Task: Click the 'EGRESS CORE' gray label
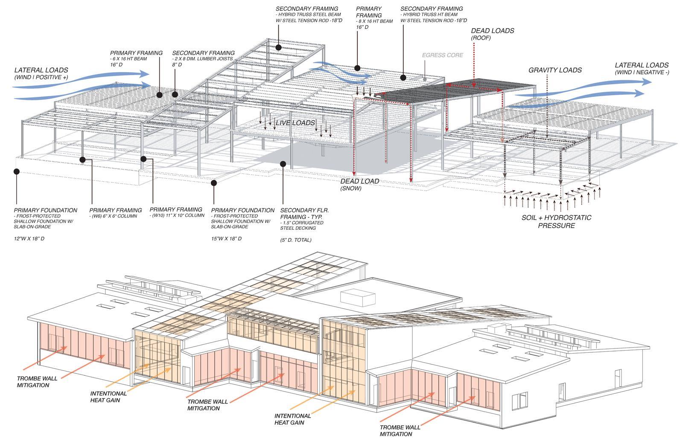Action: pos(442,55)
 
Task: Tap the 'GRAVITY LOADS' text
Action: pos(555,70)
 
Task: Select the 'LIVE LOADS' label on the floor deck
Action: pos(295,123)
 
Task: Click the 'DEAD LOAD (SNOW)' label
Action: pos(359,184)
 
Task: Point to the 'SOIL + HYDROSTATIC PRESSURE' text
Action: pos(556,221)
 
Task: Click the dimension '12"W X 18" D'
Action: pos(29,239)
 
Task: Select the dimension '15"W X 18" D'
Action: pos(226,239)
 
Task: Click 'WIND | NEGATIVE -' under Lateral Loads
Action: pos(642,73)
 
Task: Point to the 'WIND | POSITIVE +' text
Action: pos(41,77)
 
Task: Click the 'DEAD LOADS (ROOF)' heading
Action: pos(492,34)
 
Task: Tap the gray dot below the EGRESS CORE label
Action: pos(425,80)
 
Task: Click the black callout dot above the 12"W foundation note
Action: pos(17,171)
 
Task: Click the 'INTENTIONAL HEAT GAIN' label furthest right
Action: pos(292,419)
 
